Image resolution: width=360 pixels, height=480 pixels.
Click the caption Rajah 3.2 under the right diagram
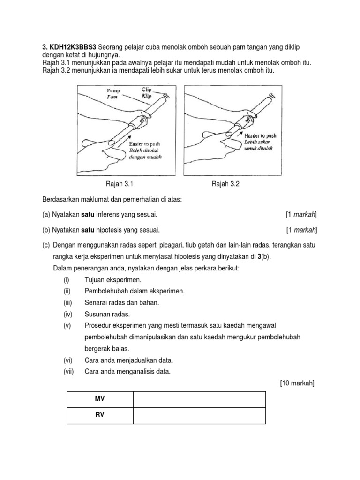coord(225,184)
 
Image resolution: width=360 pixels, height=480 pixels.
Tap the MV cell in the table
coord(99,399)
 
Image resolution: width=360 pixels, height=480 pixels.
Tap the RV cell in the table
coord(99,415)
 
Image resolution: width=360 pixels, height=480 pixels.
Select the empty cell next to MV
coord(199,399)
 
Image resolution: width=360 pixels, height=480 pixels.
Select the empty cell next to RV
coord(199,415)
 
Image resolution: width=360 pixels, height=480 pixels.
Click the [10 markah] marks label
coord(297,383)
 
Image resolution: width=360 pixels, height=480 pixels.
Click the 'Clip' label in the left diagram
coord(148,89)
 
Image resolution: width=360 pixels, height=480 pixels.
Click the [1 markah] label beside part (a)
coord(301,215)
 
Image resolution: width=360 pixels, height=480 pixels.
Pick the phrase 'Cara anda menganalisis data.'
coord(127,372)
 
